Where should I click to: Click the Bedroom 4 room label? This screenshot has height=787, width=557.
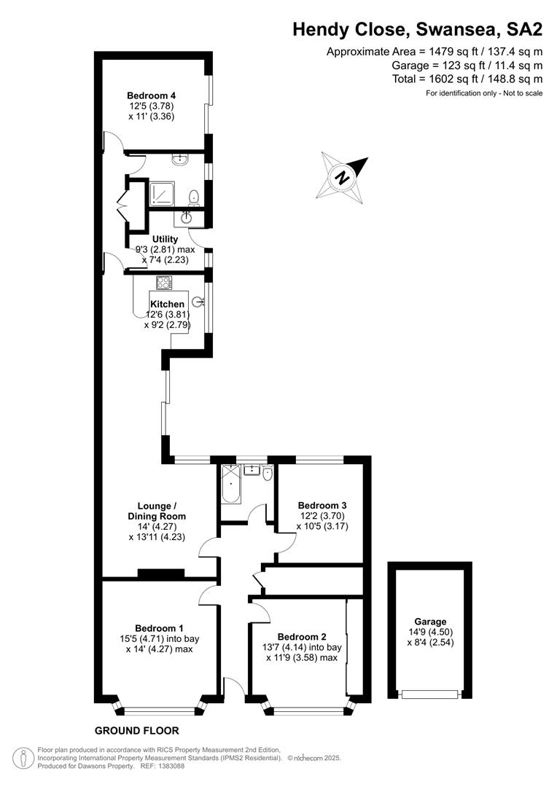151,95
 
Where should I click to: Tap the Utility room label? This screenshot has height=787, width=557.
165,239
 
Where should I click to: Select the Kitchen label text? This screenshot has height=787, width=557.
167,304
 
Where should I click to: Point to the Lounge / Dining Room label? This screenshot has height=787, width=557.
157,511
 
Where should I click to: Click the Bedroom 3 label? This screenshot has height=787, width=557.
322,506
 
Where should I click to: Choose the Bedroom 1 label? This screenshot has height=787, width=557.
159,628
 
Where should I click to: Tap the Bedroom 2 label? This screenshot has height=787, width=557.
302,637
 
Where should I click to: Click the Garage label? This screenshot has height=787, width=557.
430,622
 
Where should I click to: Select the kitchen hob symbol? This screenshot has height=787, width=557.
164,283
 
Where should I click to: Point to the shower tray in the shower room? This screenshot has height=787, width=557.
162,195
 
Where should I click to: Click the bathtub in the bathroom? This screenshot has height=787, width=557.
231,484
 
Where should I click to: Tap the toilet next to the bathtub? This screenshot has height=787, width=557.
267,473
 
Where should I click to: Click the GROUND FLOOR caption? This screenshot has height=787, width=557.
136,731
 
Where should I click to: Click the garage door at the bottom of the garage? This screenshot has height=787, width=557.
430,694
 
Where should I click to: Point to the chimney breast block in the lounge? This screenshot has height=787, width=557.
161,573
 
